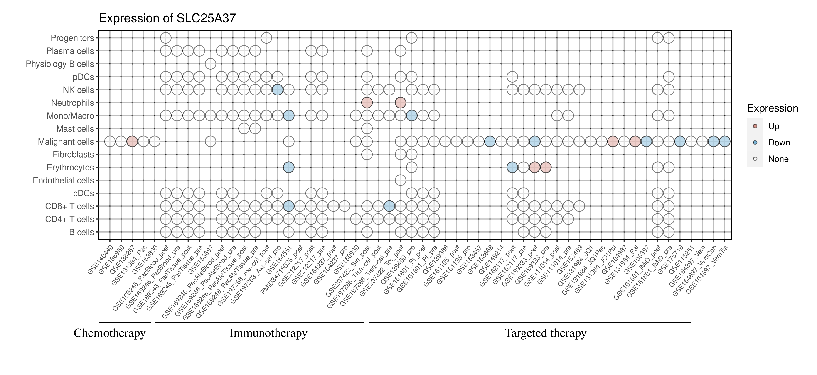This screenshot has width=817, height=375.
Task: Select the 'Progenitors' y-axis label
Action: pos(72,38)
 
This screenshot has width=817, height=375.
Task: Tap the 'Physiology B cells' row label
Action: pos(60,64)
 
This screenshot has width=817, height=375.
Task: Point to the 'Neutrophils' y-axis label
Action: pos(72,103)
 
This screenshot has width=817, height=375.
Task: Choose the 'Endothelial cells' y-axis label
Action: pos(64,180)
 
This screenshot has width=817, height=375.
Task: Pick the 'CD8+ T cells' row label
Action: pos(69,206)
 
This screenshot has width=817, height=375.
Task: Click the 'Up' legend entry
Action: pos(774,126)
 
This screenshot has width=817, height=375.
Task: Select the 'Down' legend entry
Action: pos(779,142)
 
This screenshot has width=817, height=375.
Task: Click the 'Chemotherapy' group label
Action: pos(109,333)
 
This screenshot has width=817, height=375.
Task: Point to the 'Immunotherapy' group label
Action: pos(268,333)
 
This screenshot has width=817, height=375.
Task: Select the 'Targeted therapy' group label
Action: pos(546,333)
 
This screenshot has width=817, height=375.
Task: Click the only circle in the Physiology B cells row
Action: pos(211,64)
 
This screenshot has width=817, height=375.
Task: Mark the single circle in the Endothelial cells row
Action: pos(400,180)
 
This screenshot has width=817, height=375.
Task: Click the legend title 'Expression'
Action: pos(772,108)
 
